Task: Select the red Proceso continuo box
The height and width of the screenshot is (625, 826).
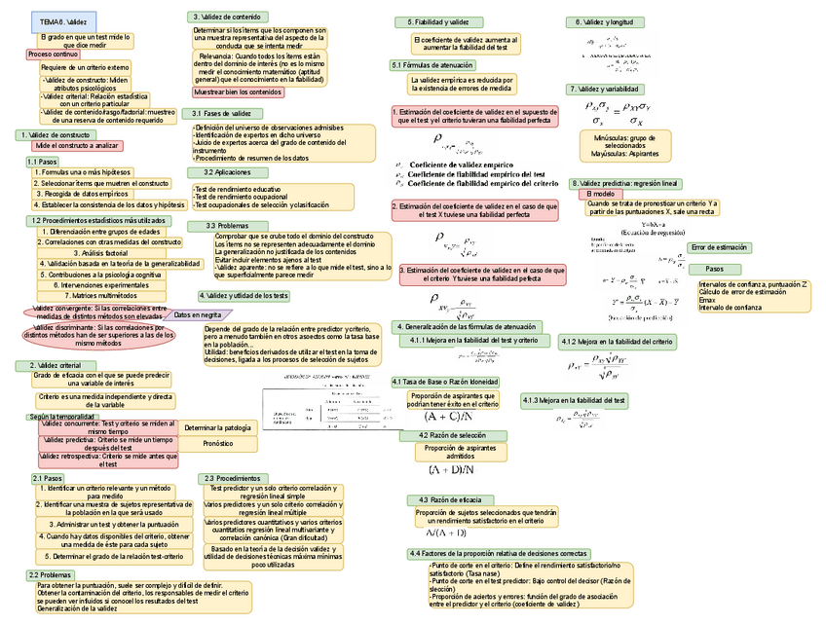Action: pos(52,55)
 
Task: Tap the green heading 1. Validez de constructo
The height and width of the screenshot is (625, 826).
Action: pos(56,134)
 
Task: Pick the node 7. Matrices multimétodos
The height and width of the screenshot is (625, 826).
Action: pos(100,295)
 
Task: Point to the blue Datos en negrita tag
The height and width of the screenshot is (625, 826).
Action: pos(197,315)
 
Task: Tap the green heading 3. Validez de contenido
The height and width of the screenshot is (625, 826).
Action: pos(226,17)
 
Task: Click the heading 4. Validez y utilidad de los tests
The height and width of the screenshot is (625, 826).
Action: pos(244,295)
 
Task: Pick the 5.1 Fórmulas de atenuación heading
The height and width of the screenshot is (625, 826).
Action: pos(432,65)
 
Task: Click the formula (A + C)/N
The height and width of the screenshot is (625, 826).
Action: pos(449,417)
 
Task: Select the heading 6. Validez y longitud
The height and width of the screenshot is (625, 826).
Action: pos(605,21)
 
